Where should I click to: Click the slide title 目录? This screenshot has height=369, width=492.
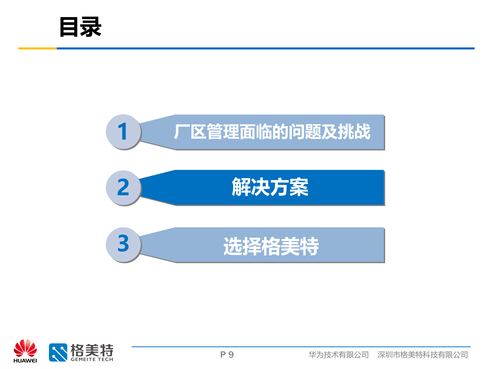(x=80, y=27)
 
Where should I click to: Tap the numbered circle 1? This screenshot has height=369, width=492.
(x=123, y=131)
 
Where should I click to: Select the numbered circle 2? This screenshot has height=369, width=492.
(x=123, y=188)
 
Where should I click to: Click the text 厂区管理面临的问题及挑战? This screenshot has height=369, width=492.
(x=272, y=132)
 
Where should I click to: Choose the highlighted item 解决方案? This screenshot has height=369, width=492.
(x=270, y=187)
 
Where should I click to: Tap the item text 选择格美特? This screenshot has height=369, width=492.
(x=271, y=246)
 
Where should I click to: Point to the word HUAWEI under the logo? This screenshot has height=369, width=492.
(x=25, y=361)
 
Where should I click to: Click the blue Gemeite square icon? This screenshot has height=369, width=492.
(x=58, y=352)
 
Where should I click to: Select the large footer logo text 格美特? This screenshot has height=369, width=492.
(x=92, y=350)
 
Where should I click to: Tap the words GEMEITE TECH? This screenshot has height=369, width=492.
(x=92, y=360)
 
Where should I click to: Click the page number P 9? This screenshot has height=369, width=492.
(x=227, y=355)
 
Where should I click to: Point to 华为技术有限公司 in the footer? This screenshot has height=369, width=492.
(x=339, y=355)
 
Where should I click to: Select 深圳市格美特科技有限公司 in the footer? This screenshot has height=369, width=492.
(x=423, y=355)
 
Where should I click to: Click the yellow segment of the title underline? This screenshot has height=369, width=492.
(x=37, y=48)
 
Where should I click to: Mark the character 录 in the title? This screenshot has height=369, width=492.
(x=91, y=27)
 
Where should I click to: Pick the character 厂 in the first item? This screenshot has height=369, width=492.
(x=181, y=132)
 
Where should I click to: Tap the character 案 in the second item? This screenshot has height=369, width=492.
(x=299, y=187)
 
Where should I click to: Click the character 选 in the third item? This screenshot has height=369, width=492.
(x=233, y=246)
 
